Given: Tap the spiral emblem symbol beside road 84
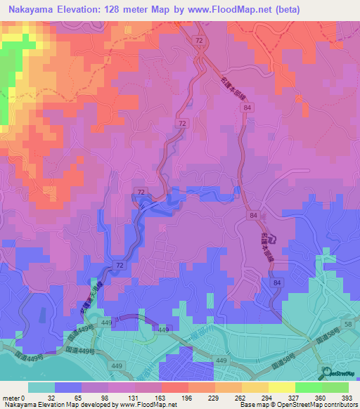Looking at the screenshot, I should [274, 239].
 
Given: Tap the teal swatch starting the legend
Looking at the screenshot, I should [41, 387].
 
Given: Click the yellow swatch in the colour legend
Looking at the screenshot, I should [281, 387].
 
